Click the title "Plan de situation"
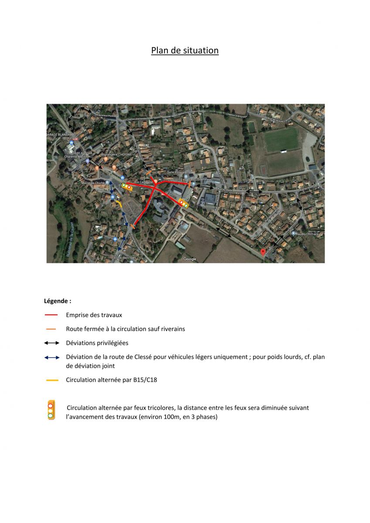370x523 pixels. click(185, 51)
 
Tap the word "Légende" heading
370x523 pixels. click(57, 301)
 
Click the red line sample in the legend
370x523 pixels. click(51, 315)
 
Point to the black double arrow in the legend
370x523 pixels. click(51, 343)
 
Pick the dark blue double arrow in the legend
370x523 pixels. click(51, 357)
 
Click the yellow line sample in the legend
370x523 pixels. click(52, 380)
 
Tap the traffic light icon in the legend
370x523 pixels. click(51, 410)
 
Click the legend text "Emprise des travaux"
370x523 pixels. click(94, 315)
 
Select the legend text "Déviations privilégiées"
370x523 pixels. click(97, 343)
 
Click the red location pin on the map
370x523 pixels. click(263, 251)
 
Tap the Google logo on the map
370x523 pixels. click(190, 259)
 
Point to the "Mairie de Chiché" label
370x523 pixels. click(93, 183)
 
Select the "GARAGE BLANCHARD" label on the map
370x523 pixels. click(61, 135)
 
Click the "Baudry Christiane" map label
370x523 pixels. click(309, 234)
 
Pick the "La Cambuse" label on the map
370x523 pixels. click(144, 182)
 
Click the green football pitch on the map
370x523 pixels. click(282, 139)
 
